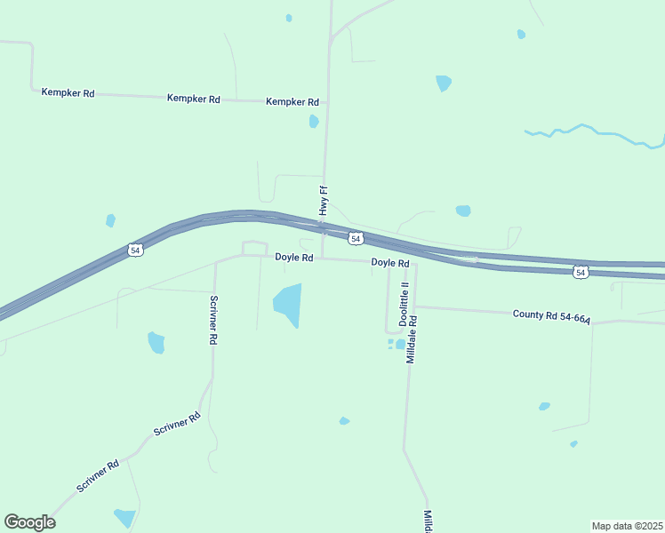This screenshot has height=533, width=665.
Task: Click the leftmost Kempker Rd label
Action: [x=68, y=92]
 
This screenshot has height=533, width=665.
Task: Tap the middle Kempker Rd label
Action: [x=193, y=99]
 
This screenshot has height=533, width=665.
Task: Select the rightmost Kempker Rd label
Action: [x=292, y=102]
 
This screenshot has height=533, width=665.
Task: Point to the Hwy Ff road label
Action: [x=324, y=201]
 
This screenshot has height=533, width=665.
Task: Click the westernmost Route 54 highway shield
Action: [x=134, y=251]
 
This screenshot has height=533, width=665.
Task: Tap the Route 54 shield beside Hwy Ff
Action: [x=355, y=239]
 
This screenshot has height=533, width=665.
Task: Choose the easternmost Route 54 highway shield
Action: [x=580, y=272]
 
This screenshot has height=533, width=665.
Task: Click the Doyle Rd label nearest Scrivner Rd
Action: [x=293, y=258]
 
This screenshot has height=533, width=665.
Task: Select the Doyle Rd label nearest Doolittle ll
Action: [x=389, y=263]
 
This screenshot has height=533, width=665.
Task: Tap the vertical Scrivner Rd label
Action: [x=213, y=320]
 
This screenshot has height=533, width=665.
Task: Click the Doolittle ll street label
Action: [x=403, y=303]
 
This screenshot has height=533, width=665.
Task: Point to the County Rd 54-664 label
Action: [x=551, y=315]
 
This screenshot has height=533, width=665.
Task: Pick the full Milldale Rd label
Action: [x=411, y=337]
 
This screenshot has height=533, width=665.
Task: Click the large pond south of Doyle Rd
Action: [x=288, y=304]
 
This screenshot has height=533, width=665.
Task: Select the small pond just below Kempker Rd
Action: [x=313, y=121]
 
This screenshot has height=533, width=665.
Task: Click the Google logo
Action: [x=29, y=522]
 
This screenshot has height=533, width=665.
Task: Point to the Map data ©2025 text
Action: [x=627, y=526]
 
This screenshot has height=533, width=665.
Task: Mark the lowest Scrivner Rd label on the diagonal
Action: [x=97, y=476]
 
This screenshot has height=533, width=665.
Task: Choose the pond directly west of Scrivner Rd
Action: [x=156, y=342]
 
